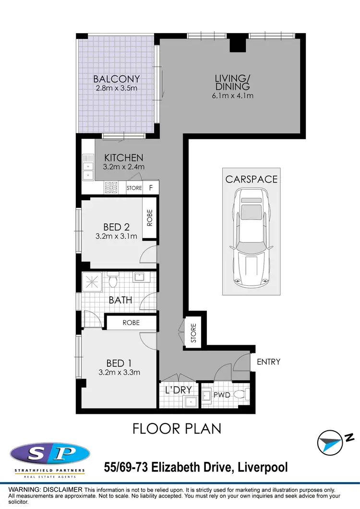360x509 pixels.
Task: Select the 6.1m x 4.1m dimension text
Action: coord(232,96)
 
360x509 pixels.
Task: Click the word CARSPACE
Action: coord(252,179)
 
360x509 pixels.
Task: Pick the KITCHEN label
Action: coord(124,158)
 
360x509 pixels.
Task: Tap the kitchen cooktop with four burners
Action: coord(111,187)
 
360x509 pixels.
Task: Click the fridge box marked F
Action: coord(151,188)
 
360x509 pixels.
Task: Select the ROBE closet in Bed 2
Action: coord(150,218)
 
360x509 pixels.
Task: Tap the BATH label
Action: coord(120,301)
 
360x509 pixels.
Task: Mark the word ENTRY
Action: coord(268,362)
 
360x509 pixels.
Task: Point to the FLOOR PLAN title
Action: coord(177,428)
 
